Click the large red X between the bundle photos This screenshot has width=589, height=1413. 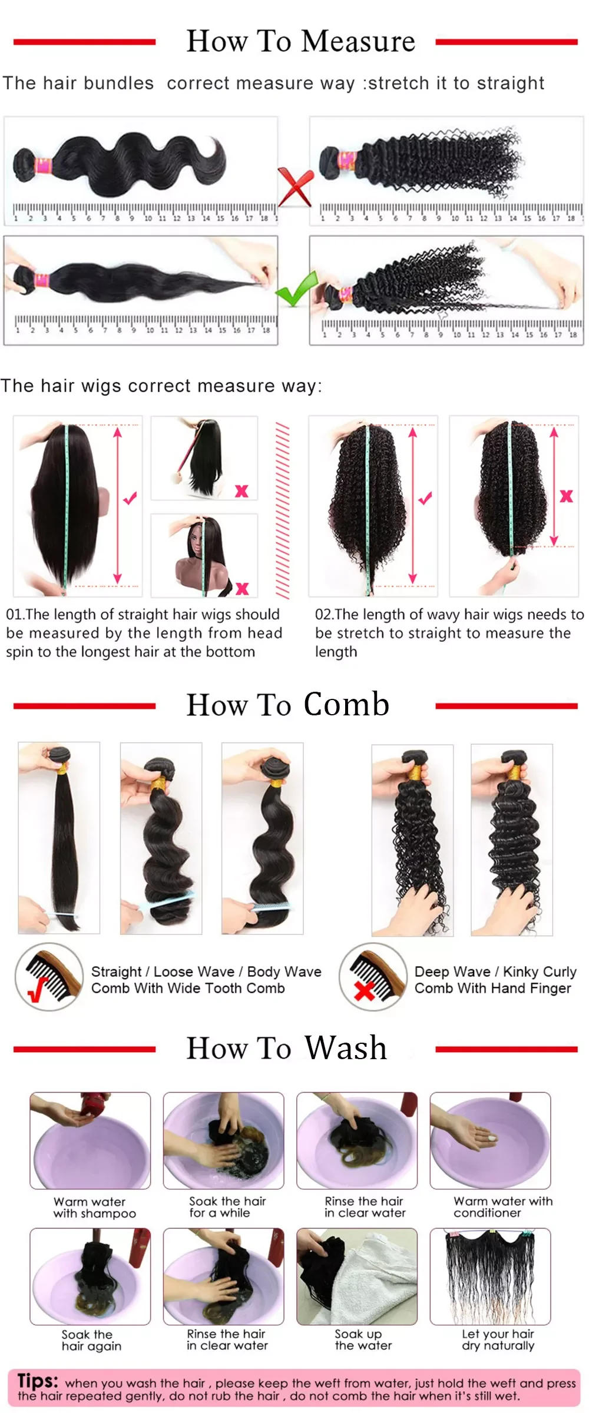tap(294, 187)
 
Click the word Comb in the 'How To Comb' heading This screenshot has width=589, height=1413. tap(346, 704)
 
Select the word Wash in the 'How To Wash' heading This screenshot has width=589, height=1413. tap(346, 1047)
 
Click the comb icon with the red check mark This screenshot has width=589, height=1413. tap(49, 977)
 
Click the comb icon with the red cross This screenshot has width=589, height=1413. tap(372, 977)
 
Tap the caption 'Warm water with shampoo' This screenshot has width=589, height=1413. tap(93, 1208)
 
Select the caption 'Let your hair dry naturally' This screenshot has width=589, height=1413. tap(498, 1339)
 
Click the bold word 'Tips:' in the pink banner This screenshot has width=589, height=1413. tap(38, 1381)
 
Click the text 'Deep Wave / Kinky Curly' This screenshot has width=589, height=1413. tap(495, 971)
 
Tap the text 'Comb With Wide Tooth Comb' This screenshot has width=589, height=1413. tap(187, 989)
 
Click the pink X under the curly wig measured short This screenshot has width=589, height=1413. tap(566, 496)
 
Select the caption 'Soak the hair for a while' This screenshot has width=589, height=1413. tap(227, 1207)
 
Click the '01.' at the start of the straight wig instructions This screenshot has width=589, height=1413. tap(15, 615)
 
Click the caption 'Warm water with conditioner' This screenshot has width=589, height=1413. tap(502, 1207)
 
